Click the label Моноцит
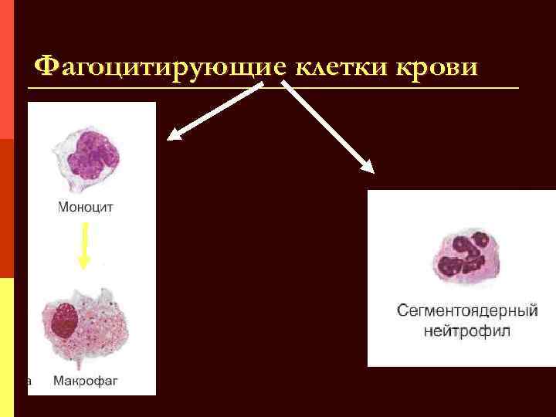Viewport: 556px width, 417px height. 86,207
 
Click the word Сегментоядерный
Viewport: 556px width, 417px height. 467,312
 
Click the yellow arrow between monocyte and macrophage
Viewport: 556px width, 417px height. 85,246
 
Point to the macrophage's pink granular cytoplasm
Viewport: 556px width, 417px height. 100,332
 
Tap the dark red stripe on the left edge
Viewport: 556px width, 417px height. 6,208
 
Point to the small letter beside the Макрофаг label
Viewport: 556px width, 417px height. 29,381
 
